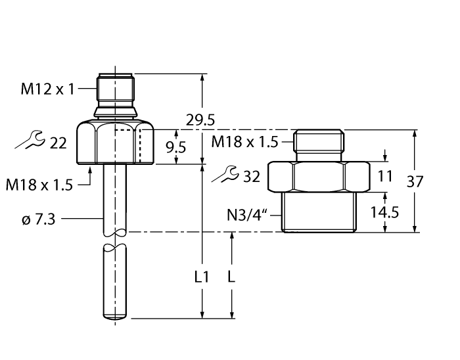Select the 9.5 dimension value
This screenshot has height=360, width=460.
coord(175,147)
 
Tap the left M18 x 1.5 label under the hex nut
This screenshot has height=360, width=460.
coord(40,185)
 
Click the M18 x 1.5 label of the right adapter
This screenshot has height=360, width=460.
coord(244,142)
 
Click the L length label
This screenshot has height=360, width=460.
coord(231,277)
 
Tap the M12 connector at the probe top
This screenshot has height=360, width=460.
coord(115,92)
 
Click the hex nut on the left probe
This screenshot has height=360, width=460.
coord(115,143)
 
